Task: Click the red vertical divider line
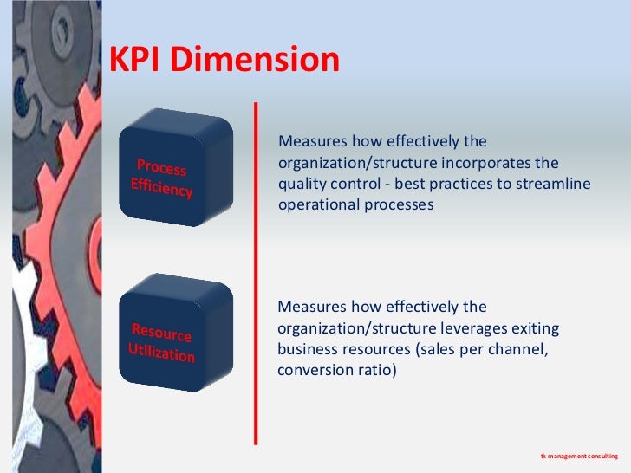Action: [256, 273]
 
